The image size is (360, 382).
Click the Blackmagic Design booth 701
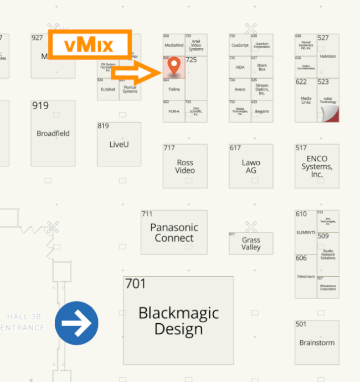tap(178, 320)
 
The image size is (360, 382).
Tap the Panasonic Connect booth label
tap(174, 233)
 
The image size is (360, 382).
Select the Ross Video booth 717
tap(185, 166)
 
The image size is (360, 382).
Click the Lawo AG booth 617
tap(251, 166)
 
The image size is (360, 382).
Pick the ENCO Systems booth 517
tap(317, 166)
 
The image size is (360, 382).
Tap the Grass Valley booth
tap(251, 244)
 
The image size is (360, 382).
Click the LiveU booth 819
tap(119, 144)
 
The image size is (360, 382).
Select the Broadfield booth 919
tap(53, 133)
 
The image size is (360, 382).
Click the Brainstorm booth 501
tap(317, 342)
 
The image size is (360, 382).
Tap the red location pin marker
tap(174, 65)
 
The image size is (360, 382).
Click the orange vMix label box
tap(90, 45)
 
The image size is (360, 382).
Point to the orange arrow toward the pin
tap(135, 73)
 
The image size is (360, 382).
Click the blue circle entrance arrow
tap(76, 323)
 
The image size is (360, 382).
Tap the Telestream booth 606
tap(306, 276)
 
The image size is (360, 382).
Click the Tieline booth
tap(174, 89)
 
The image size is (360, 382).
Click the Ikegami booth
tap(262, 111)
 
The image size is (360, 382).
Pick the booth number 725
tap(192, 60)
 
